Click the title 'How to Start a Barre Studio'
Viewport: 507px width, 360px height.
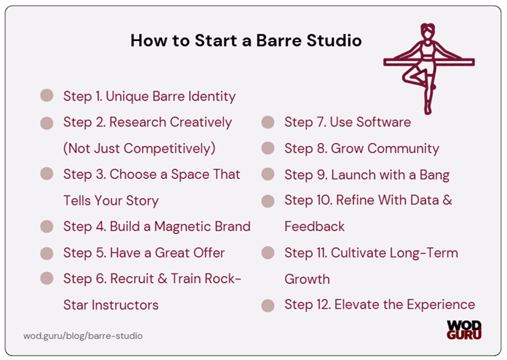point(245,40)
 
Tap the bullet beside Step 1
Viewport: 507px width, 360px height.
point(47,95)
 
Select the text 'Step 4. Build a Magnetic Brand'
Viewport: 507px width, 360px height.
point(157,227)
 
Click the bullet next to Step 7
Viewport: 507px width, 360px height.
point(268,122)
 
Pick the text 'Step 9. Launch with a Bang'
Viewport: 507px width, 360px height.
point(367,175)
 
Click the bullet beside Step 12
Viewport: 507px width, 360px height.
point(268,305)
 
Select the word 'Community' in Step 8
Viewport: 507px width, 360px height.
point(404,148)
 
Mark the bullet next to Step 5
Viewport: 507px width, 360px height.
point(47,253)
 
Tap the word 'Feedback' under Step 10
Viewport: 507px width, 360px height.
point(314,227)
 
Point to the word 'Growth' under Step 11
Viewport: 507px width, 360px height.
point(307,279)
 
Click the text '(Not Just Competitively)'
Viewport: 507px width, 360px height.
point(139,148)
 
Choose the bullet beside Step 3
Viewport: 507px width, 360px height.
point(47,175)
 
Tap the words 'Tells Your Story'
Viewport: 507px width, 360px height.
point(111,200)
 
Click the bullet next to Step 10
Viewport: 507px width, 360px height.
point(268,200)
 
